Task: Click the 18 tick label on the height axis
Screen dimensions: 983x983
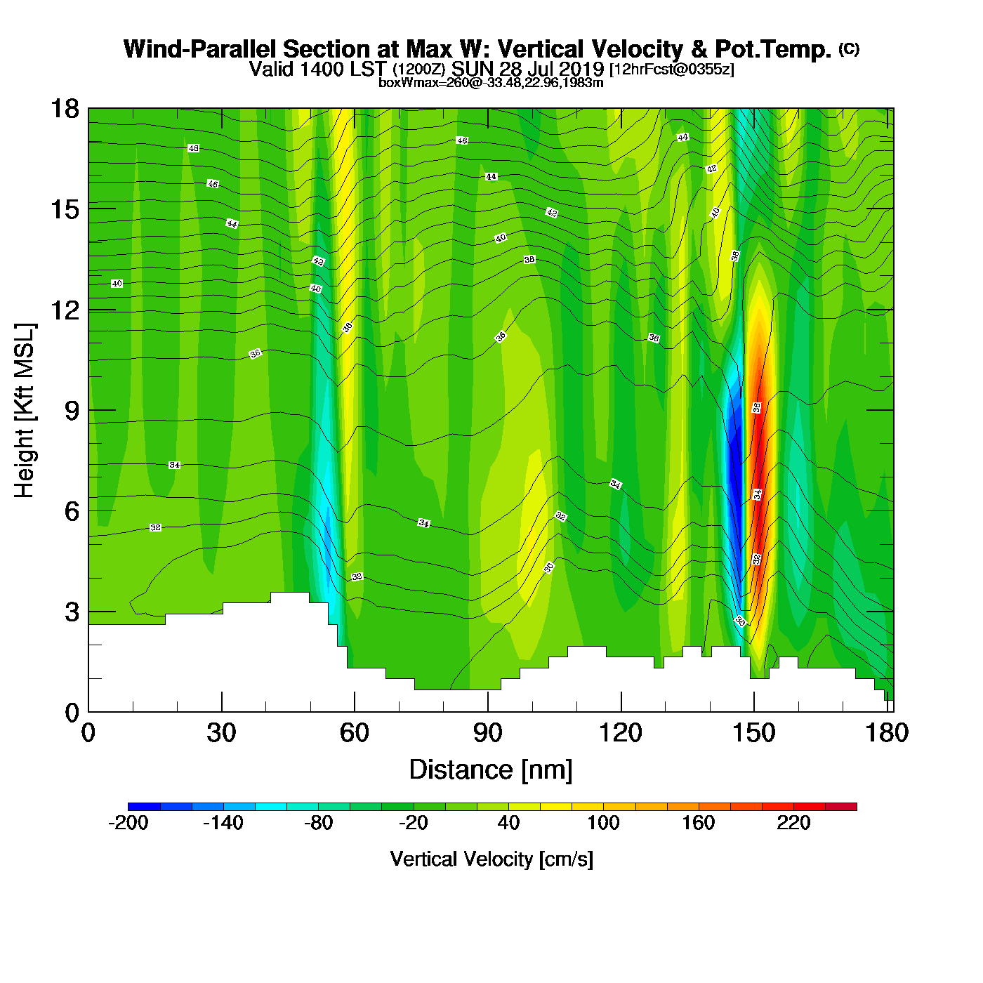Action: [64, 109]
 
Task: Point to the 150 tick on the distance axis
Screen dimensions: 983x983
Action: [754, 733]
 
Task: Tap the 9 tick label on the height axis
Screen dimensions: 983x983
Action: [72, 411]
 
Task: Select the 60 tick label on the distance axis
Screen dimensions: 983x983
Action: [355, 733]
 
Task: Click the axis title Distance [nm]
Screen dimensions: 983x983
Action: [491, 770]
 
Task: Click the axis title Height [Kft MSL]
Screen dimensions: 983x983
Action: [25, 411]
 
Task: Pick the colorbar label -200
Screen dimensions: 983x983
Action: [128, 823]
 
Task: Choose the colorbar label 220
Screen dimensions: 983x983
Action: [793, 823]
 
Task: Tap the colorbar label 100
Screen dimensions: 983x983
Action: [603, 823]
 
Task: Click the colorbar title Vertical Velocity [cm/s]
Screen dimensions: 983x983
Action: [491, 859]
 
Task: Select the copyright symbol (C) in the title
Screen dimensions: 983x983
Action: [849, 48]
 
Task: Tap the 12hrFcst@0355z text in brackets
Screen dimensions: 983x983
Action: [672, 70]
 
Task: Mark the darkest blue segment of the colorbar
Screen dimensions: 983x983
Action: [144, 806]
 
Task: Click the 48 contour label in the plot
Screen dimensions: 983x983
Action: [193, 148]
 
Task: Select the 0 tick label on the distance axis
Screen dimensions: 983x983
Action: [88, 733]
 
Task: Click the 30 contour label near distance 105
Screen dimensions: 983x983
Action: [549, 567]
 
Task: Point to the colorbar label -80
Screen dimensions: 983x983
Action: [318, 823]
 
